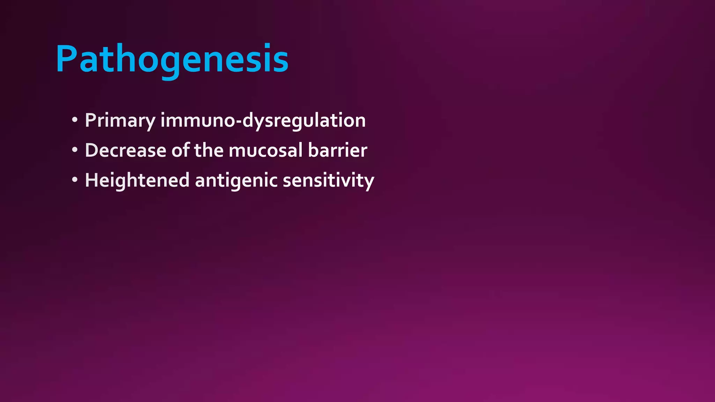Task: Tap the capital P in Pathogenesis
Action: [x=66, y=59]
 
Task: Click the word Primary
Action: [x=120, y=121]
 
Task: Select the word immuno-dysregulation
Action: [x=263, y=121]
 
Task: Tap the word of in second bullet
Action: [x=180, y=150]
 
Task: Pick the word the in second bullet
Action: [x=209, y=150]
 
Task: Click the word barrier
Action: [x=337, y=150]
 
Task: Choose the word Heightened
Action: [x=137, y=181]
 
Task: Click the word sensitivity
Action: [x=328, y=181]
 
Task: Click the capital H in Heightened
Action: [x=91, y=180]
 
